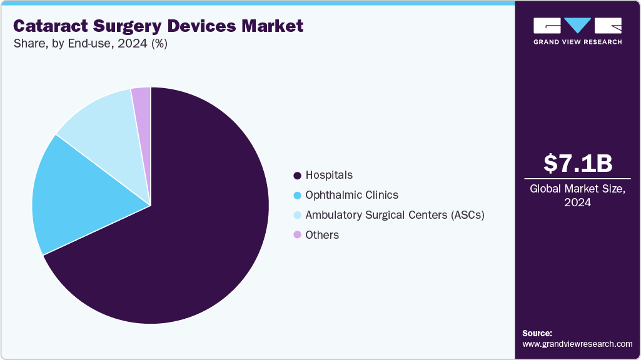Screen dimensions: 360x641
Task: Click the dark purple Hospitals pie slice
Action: pyautogui.click(x=188, y=237)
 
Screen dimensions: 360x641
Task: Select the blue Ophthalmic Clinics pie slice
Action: pyautogui.click(x=81, y=194)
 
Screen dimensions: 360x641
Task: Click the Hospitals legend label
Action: pyautogui.click(x=329, y=175)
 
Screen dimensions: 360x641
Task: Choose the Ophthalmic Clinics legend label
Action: pyautogui.click(x=351, y=195)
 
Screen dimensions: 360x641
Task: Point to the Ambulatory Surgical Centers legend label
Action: pyautogui.click(x=395, y=215)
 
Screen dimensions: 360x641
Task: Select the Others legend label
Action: pyautogui.click(x=322, y=235)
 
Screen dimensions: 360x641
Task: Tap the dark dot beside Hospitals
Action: pyautogui.click(x=297, y=175)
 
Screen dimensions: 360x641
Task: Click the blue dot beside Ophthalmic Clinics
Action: pyautogui.click(x=297, y=195)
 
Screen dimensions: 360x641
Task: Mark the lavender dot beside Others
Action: pyautogui.click(x=297, y=235)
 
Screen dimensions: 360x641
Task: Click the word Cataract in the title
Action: pyautogui.click(x=48, y=26)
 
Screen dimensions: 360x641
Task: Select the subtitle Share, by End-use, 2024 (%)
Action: pyautogui.click(x=90, y=44)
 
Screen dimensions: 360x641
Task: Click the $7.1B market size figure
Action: pyautogui.click(x=577, y=163)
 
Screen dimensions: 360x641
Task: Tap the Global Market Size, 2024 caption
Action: pyautogui.click(x=577, y=196)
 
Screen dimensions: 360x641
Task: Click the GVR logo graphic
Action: pyautogui.click(x=577, y=26)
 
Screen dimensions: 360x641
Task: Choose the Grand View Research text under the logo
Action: pyautogui.click(x=577, y=42)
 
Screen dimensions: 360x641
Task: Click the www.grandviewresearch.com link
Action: pyautogui.click(x=577, y=344)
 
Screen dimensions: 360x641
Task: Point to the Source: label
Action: pyautogui.click(x=537, y=333)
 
